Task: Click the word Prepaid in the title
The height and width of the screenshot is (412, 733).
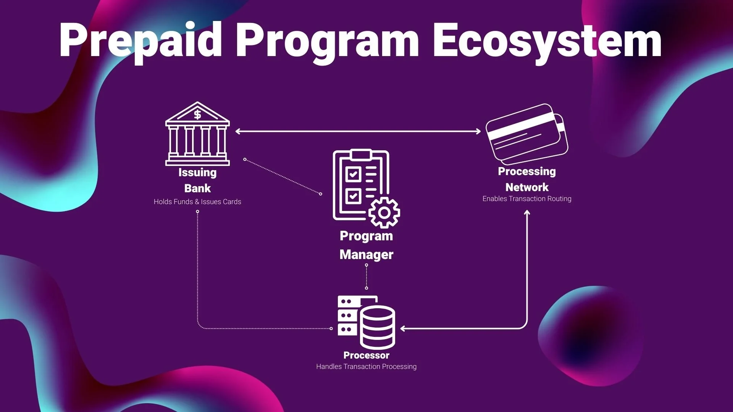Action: [x=140, y=40]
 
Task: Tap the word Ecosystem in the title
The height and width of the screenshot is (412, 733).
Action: [x=547, y=40]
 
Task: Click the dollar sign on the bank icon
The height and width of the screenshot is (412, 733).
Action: [x=197, y=114]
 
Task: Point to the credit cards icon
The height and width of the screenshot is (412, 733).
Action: [x=527, y=134]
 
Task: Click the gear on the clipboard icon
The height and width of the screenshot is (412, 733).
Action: [x=384, y=212]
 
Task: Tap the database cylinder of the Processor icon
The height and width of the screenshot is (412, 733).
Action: [x=378, y=327]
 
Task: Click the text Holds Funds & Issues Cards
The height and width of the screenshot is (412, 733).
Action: [x=197, y=202]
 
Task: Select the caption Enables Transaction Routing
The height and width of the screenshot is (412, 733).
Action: [x=527, y=199]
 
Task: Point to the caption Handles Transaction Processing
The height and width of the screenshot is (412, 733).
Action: [x=366, y=367]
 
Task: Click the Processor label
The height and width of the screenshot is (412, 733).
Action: [x=366, y=355]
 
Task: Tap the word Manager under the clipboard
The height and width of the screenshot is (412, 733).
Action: [x=366, y=254]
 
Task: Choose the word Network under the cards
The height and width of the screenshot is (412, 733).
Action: [x=527, y=187]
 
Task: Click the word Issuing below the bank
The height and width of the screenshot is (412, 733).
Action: [x=197, y=172]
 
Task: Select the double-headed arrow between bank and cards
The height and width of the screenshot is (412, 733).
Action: [x=358, y=131]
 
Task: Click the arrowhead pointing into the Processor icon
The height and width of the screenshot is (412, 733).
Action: [x=403, y=328]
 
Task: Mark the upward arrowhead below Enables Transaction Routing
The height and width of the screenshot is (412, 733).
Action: [x=527, y=213]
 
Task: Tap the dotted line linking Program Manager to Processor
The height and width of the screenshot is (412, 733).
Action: [x=366, y=277]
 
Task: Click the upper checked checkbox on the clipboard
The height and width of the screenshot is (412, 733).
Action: [x=353, y=175]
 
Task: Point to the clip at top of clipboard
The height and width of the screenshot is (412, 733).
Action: [x=361, y=154]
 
